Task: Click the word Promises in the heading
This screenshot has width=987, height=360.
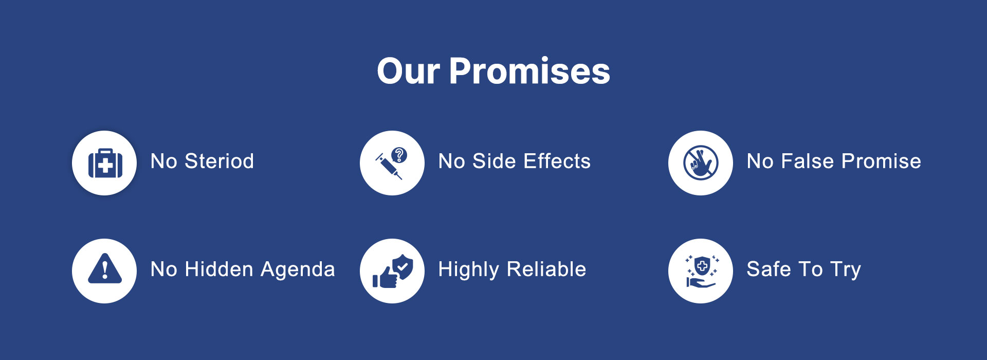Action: tap(529, 71)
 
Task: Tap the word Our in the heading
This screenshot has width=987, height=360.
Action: tap(409, 71)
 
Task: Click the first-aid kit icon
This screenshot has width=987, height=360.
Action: tap(105, 163)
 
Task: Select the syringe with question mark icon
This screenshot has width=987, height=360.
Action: tap(391, 163)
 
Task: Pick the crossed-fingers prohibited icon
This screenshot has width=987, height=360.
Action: tap(701, 163)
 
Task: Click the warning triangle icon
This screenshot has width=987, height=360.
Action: tap(105, 268)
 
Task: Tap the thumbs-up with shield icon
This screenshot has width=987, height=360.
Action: tap(393, 271)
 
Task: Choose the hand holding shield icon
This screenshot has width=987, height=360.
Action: tap(701, 271)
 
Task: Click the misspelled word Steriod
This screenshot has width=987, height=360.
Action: tap(220, 161)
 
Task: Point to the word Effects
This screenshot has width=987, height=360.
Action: tap(557, 161)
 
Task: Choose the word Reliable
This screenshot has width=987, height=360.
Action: tap(546, 269)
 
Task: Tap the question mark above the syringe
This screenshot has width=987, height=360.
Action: tap(399, 155)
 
